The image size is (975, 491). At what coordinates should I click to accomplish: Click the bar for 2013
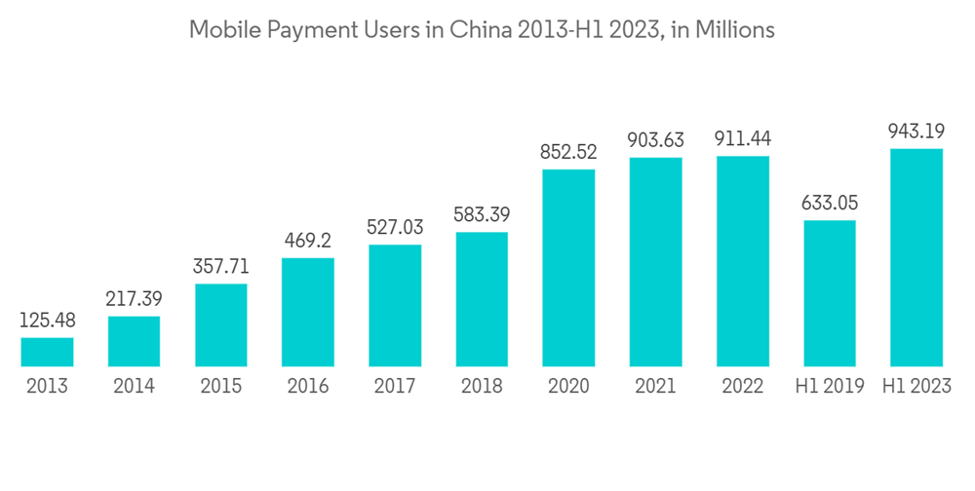coord(47,352)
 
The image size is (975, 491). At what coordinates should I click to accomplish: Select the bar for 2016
coord(308,312)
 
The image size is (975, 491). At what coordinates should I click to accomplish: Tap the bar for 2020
coord(568,268)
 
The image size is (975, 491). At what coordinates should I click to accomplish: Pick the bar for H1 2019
coord(830,293)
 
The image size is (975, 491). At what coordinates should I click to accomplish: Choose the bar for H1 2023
coord(916,257)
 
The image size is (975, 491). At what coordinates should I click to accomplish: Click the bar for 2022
coord(743,261)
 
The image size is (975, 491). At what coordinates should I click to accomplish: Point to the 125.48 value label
coord(47,320)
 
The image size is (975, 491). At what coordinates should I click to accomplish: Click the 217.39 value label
coord(134,298)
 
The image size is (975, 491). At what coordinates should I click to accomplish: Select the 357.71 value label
coord(221,266)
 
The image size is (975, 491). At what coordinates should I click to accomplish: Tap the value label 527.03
coord(395,226)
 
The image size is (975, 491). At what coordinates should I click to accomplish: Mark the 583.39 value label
coord(482,213)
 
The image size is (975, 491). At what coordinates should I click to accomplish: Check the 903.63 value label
coord(655,139)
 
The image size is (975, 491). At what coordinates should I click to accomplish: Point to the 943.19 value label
coord(916,131)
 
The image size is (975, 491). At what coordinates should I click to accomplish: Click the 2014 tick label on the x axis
coord(134,386)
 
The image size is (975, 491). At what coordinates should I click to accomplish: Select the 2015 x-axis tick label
coord(221,386)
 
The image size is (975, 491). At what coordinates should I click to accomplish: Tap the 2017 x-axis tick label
coord(395,386)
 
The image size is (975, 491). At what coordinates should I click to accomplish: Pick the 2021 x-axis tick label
coord(655,386)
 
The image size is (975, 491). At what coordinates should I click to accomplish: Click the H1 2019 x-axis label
coord(830,386)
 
